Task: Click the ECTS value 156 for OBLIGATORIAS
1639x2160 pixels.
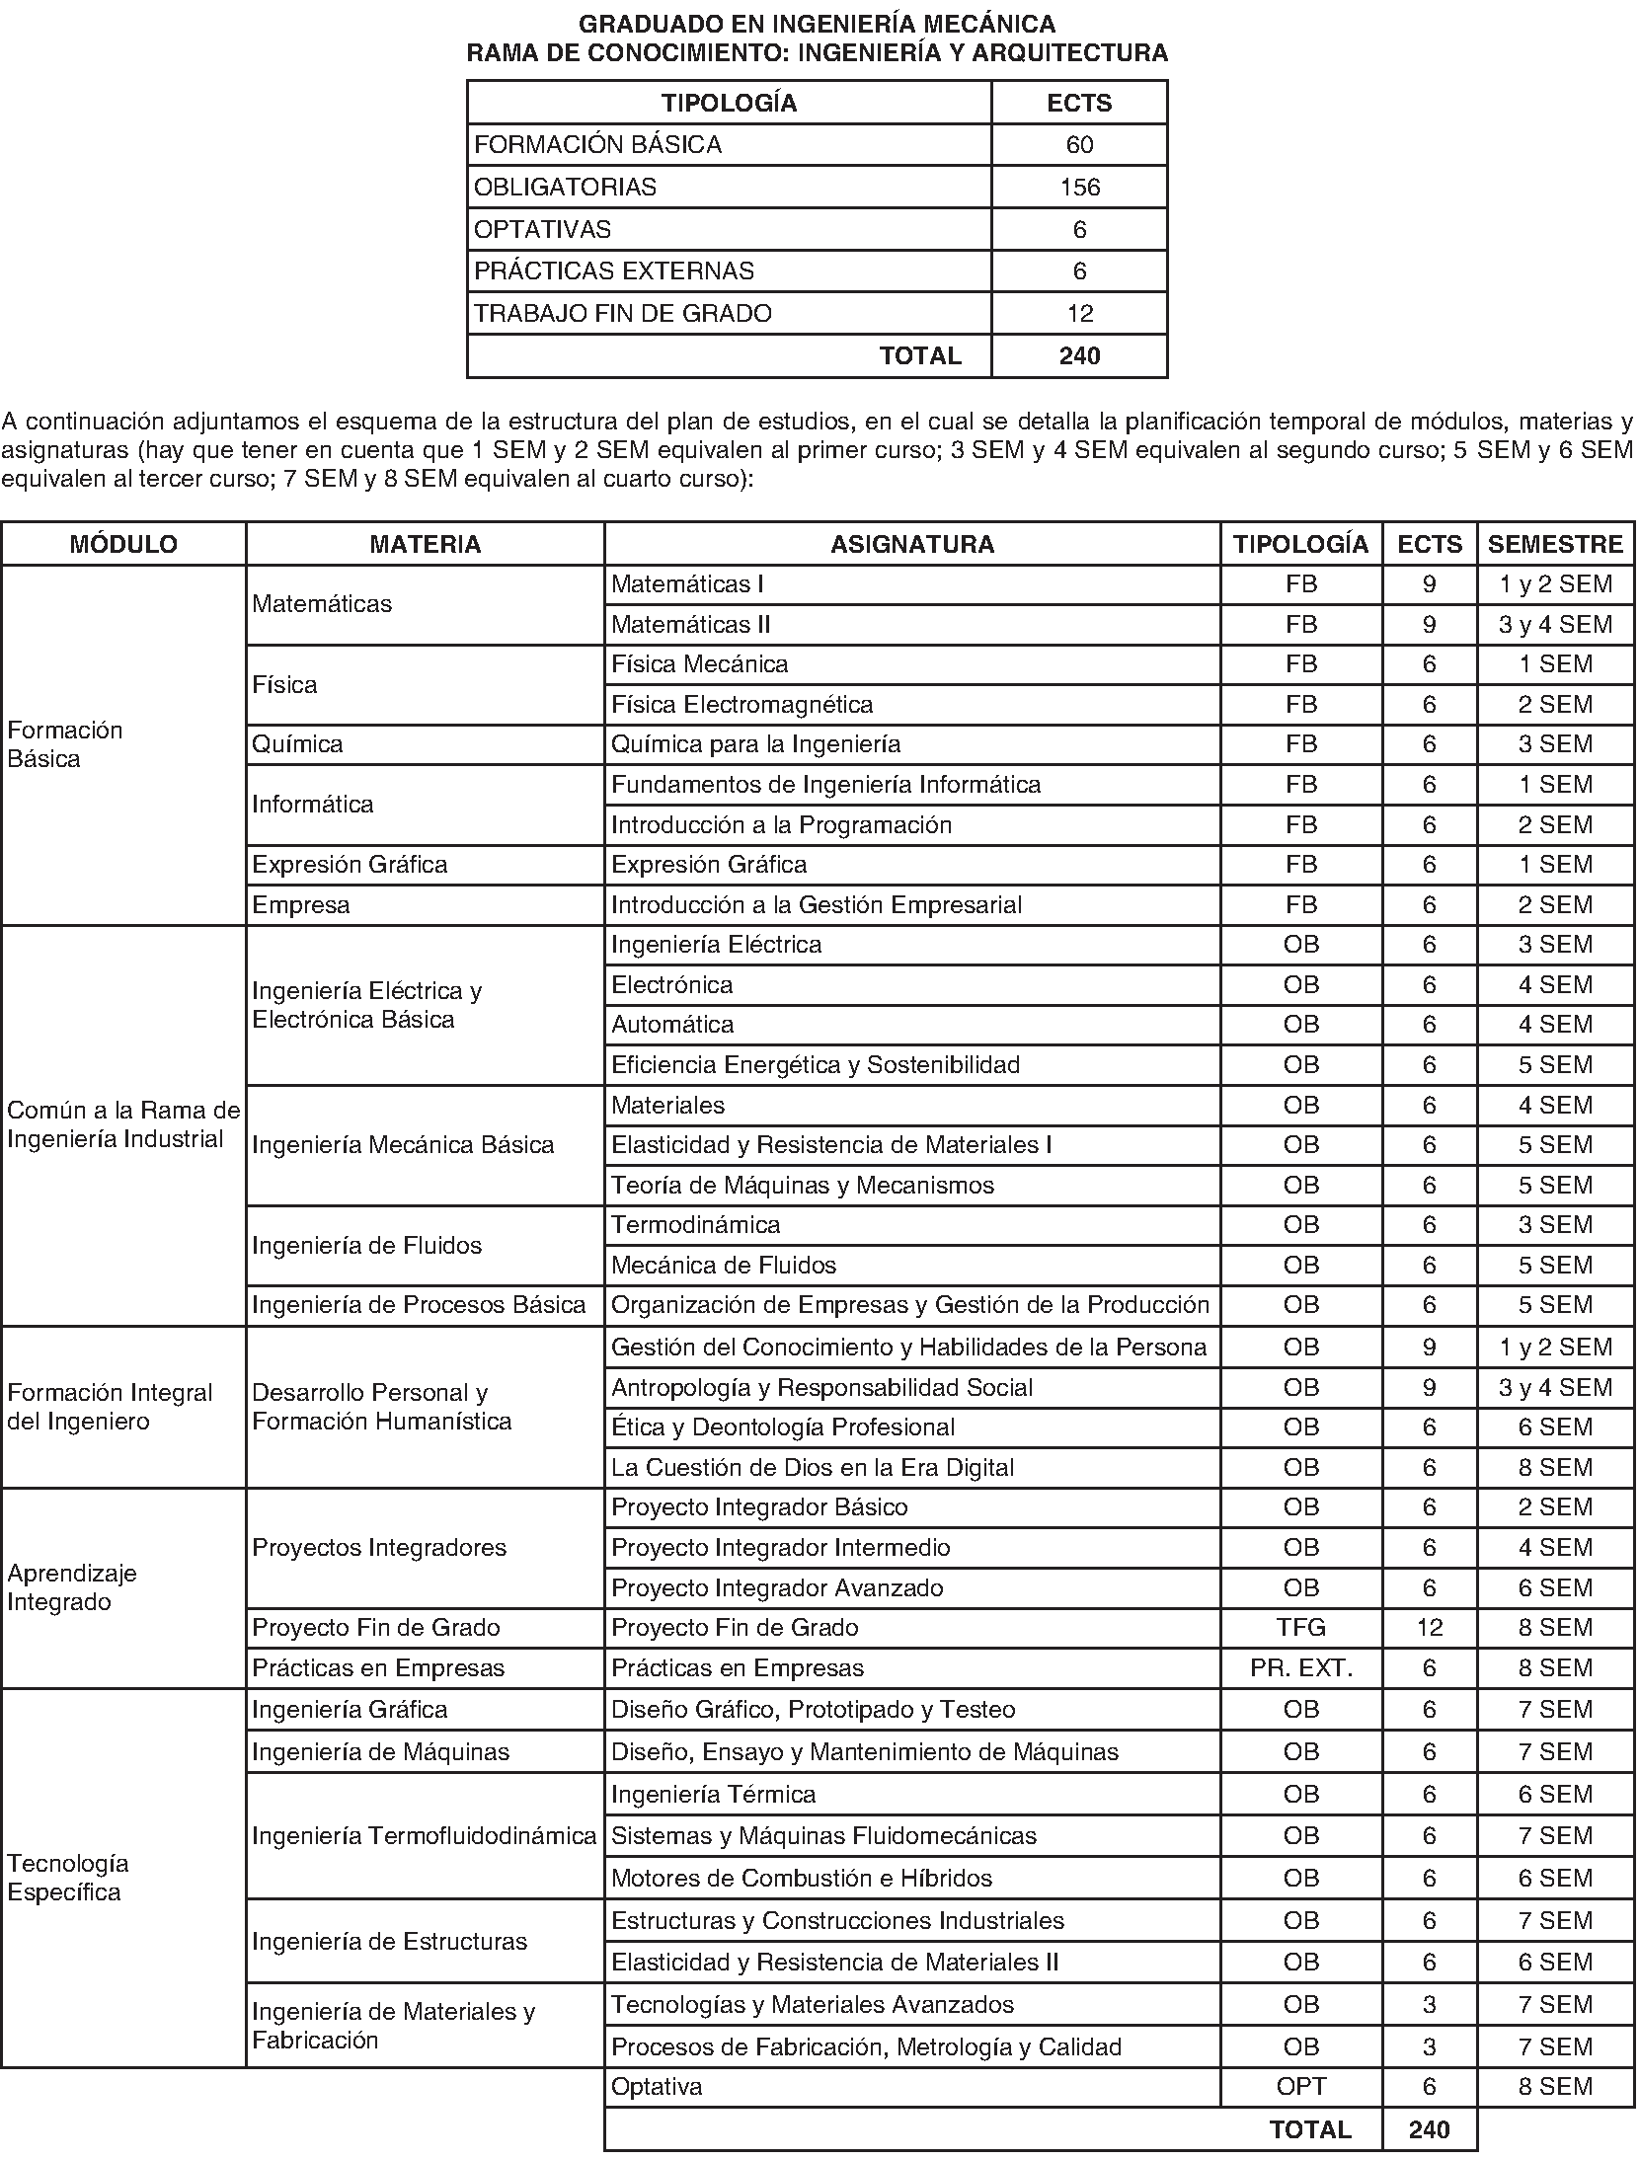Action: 1079,188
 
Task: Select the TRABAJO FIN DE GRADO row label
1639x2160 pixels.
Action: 623,314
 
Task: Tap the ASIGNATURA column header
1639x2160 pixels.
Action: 911,544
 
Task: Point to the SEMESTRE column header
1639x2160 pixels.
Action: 1555,544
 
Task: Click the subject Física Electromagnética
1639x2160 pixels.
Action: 742,705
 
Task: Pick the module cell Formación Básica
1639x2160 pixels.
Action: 65,744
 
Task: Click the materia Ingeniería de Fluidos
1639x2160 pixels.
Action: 367,1246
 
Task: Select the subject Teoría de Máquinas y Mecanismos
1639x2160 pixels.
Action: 803,1186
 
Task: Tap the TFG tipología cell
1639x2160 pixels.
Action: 1301,1628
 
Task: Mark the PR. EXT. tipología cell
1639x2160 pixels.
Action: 1301,1668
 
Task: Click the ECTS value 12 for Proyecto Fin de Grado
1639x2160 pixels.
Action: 1429,1628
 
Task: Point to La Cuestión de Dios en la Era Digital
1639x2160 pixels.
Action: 813,1468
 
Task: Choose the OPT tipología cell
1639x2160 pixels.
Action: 1301,2087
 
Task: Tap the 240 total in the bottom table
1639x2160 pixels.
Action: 1429,2129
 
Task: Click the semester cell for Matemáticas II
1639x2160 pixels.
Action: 1555,625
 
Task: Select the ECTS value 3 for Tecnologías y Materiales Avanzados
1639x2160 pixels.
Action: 1429,2005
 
